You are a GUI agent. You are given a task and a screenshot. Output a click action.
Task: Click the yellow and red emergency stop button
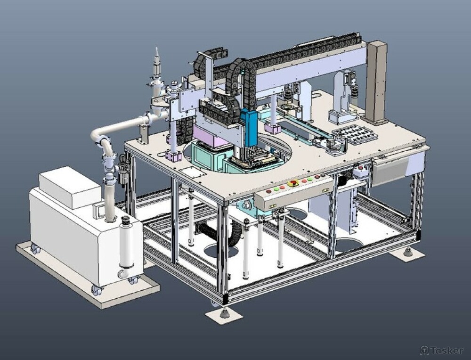292,183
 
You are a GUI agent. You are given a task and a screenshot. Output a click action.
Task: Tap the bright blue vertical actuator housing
249,127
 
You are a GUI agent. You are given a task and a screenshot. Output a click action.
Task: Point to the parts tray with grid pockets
355,134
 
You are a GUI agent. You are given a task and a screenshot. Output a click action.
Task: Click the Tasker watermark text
442,351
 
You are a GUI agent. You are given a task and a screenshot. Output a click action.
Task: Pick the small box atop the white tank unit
70,187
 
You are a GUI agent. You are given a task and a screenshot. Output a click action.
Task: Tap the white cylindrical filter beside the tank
126,244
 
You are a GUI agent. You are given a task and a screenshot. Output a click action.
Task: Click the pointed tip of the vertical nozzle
156,48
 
